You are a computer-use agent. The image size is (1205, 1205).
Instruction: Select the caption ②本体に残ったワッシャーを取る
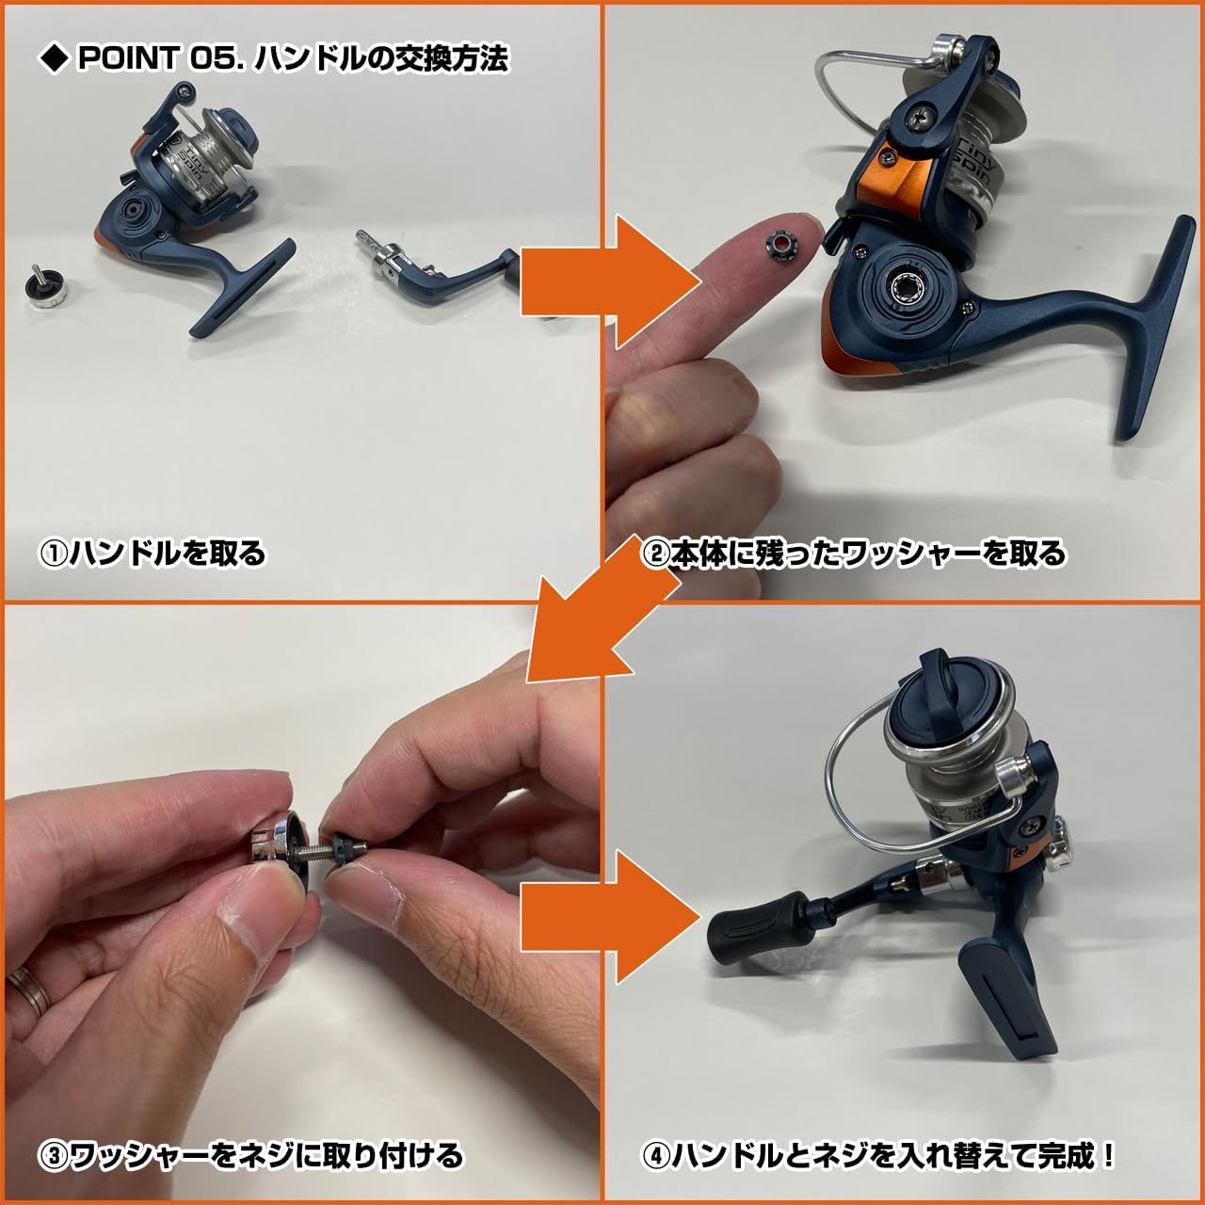coord(853,553)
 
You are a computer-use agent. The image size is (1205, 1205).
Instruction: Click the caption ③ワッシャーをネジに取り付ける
coord(250,1155)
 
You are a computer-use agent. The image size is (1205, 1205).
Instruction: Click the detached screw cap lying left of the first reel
coord(46,285)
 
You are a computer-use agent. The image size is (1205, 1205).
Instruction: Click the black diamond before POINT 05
coord(53,59)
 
